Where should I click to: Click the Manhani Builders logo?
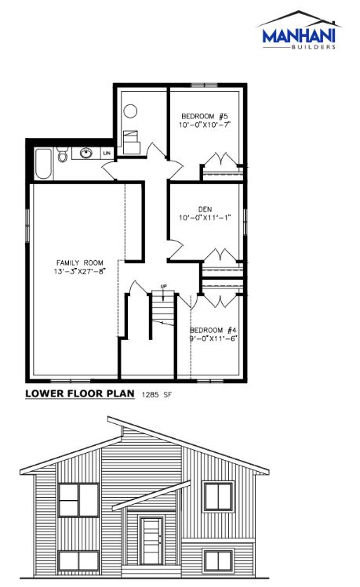click(300, 30)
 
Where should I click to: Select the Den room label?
click(205, 209)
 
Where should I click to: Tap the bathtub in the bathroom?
click(43, 164)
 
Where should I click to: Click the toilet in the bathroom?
click(62, 154)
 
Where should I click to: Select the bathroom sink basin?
click(86, 153)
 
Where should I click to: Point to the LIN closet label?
click(107, 153)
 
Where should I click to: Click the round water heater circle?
click(130, 111)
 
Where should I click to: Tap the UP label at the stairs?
click(163, 287)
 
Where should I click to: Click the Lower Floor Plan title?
click(80, 393)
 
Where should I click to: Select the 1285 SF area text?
click(156, 394)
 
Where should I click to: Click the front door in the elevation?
click(151, 541)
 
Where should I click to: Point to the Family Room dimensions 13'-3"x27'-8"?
click(80, 271)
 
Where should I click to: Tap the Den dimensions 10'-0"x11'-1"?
click(205, 218)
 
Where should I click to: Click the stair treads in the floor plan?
click(163, 310)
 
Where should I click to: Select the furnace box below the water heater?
click(132, 143)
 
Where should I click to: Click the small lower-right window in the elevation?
click(218, 560)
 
